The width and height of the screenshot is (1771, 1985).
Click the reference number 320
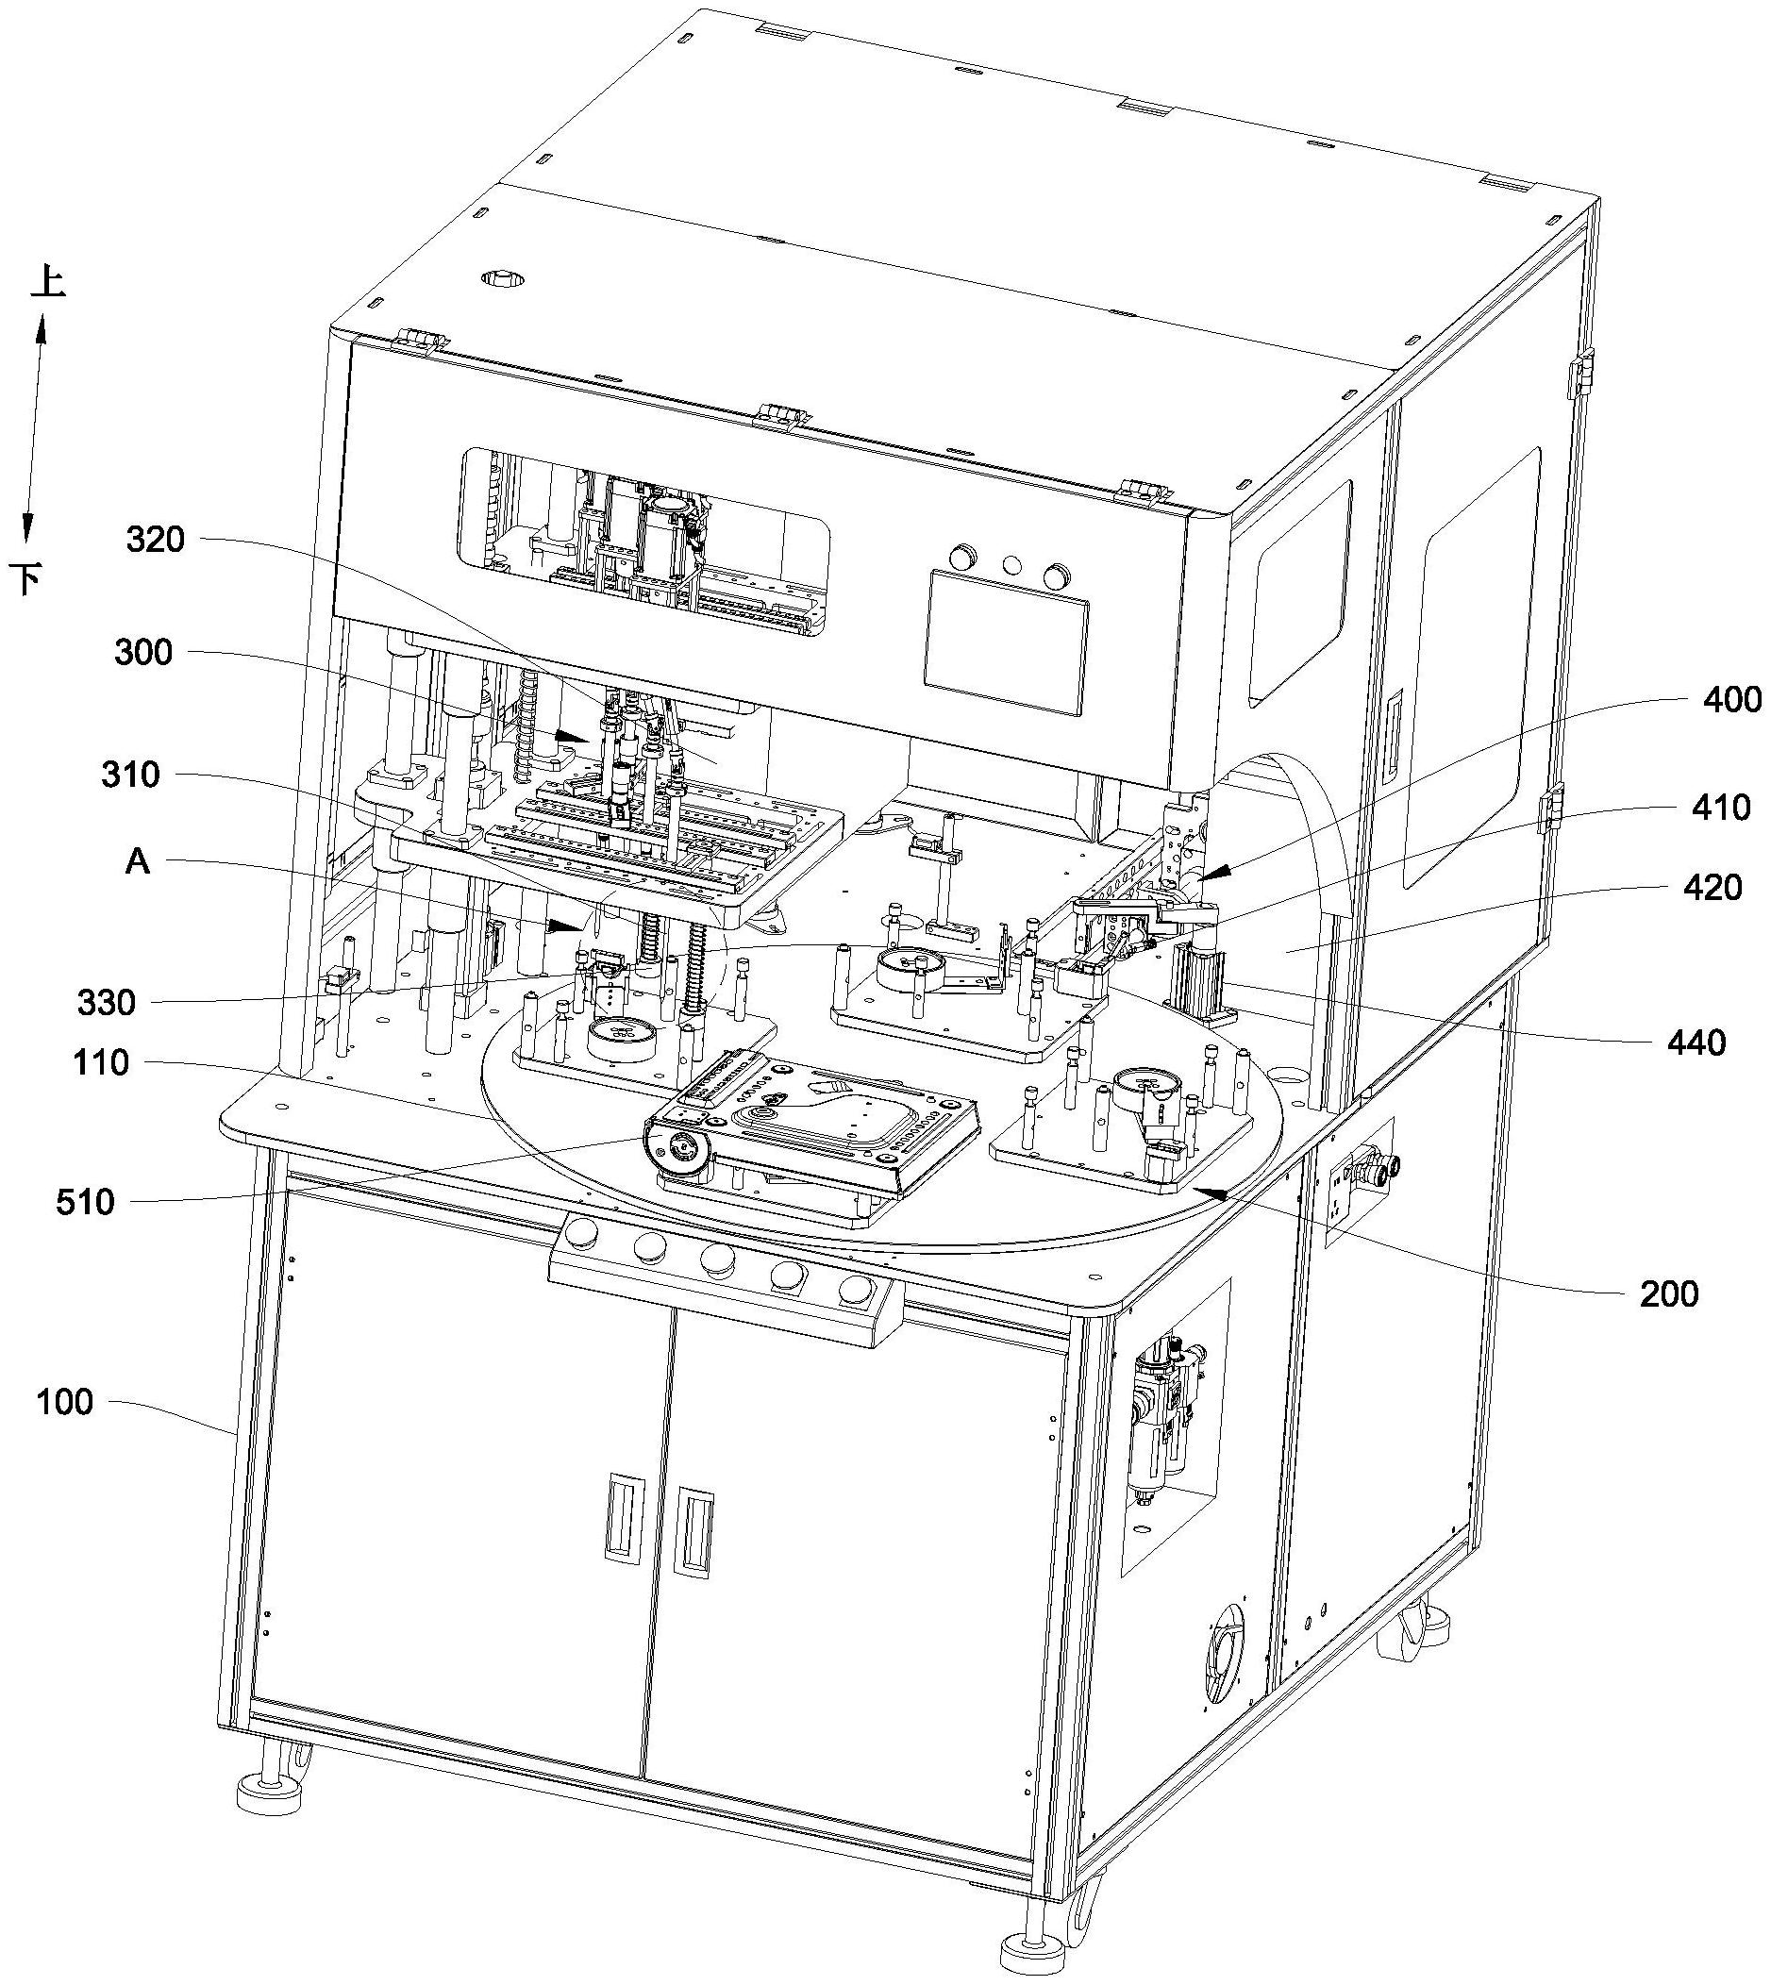156,540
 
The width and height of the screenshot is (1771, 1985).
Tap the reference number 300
143,653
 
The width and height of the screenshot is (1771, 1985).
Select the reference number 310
130,776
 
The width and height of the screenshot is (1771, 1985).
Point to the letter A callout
138,861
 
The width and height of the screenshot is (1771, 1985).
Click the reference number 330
106,1002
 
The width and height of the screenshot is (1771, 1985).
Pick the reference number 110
100,1063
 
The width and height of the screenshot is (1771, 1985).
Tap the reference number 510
86,1203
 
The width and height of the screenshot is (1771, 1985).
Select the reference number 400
1734,700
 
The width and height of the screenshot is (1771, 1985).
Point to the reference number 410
1722,808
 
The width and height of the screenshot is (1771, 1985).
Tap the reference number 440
1698,1043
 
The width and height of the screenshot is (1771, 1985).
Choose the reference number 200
1670,1294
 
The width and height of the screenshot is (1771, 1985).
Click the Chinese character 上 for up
48,282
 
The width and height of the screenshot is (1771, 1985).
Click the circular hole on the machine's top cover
502,279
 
